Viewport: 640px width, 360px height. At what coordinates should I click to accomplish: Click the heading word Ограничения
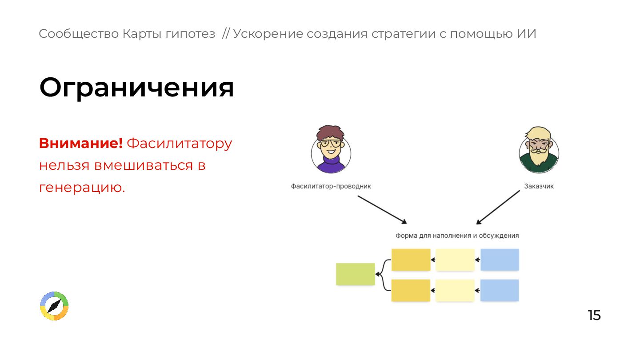point(136,88)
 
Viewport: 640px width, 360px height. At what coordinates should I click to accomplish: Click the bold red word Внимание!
point(80,144)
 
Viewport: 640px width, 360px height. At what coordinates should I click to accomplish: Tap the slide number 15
point(594,315)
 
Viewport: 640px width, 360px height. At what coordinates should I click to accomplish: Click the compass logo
point(54,306)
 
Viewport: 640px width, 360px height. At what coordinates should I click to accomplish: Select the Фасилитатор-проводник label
point(331,186)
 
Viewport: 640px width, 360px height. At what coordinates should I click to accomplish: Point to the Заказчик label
point(539,186)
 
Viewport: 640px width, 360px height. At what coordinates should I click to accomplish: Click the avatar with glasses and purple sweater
point(331,150)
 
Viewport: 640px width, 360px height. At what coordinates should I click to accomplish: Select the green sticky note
point(355,274)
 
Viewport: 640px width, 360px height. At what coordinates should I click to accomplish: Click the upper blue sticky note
point(500,260)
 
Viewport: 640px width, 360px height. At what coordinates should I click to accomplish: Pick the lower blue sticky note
point(500,290)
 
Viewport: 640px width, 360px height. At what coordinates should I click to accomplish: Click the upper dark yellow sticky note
point(411,260)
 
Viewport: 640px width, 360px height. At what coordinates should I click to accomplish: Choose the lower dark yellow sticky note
point(411,290)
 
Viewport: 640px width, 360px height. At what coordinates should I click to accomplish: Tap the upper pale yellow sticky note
point(455,260)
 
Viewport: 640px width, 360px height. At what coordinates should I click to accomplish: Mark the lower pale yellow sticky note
point(455,290)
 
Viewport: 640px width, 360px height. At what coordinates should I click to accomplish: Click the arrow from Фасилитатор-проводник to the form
point(382,209)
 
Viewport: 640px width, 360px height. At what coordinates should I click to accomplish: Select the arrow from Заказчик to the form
point(498,207)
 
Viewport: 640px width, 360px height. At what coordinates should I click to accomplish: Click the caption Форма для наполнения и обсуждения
point(457,236)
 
